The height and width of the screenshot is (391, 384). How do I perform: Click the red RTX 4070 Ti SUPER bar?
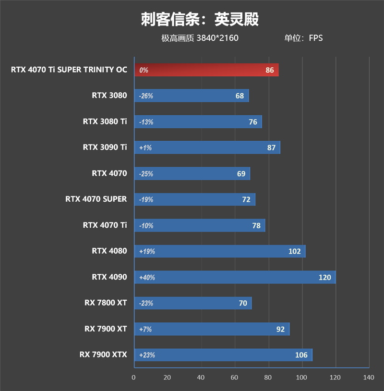click(x=206, y=70)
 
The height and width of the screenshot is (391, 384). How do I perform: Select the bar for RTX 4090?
click(x=235, y=277)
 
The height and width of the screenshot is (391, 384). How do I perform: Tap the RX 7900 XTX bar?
click(x=223, y=355)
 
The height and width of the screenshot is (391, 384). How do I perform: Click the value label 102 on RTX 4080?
click(x=294, y=251)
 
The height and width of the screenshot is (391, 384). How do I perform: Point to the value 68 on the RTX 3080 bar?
click(x=240, y=96)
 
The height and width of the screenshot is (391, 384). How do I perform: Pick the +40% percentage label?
click(x=147, y=277)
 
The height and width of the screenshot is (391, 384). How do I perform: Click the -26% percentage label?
click(x=146, y=96)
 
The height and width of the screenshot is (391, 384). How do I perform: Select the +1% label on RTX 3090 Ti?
click(x=145, y=147)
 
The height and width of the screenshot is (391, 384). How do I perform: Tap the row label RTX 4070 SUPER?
click(x=96, y=198)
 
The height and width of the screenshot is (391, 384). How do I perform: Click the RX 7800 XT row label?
click(x=106, y=303)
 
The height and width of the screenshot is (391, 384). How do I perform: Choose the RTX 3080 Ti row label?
click(x=105, y=121)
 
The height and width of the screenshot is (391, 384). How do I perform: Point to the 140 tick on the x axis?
click(x=369, y=378)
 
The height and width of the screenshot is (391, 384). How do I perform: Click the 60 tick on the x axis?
click(x=235, y=378)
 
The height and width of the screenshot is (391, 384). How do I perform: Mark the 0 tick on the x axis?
click(x=134, y=378)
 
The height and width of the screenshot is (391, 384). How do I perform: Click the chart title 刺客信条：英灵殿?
click(x=200, y=19)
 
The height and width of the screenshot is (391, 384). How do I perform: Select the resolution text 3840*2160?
click(x=217, y=38)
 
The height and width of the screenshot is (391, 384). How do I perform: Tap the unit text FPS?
click(x=315, y=38)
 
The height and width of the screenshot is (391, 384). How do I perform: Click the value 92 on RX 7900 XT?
click(x=280, y=329)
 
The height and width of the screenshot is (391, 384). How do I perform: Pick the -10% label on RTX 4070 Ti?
click(x=146, y=225)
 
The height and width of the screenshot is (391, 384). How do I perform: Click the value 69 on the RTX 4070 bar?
click(x=241, y=173)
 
